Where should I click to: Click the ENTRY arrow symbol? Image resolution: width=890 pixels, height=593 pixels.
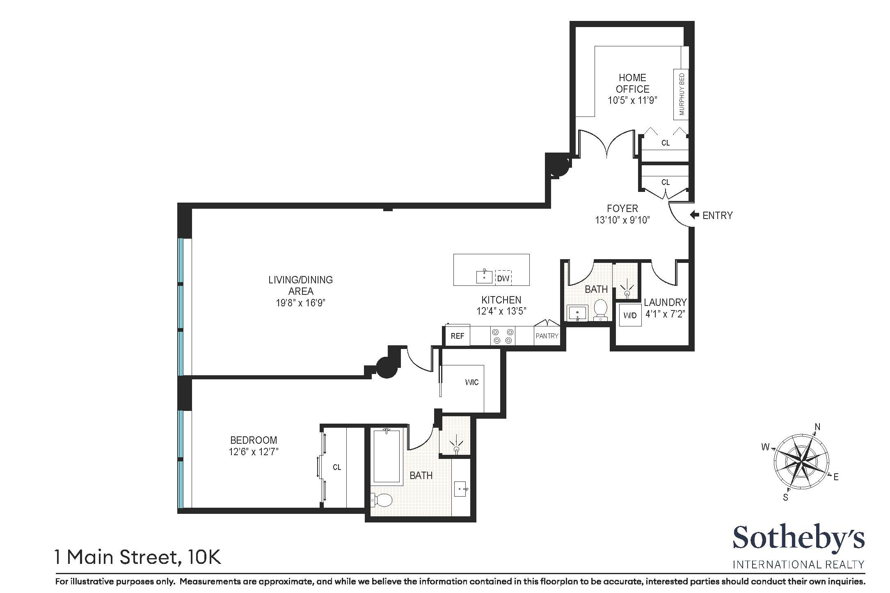pyautogui.click(x=694, y=215)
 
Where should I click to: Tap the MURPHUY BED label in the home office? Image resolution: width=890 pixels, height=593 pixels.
pyautogui.click(x=682, y=94)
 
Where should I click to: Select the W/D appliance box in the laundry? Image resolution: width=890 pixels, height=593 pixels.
pyautogui.click(x=630, y=315)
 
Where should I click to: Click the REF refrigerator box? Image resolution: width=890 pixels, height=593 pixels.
pyautogui.click(x=457, y=336)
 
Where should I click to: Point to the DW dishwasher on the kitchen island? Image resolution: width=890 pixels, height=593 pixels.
pyautogui.click(x=503, y=278)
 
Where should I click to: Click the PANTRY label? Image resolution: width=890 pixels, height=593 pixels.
pyautogui.click(x=547, y=336)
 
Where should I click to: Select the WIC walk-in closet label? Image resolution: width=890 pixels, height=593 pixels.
pyautogui.click(x=471, y=382)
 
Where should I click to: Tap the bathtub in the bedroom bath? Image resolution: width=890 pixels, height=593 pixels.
pyautogui.click(x=386, y=455)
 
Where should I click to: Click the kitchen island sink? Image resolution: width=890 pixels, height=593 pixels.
pyautogui.click(x=485, y=277)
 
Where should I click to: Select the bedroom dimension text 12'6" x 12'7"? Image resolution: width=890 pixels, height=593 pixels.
pyautogui.click(x=254, y=452)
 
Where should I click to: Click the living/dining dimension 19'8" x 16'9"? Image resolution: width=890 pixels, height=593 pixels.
pyautogui.click(x=300, y=303)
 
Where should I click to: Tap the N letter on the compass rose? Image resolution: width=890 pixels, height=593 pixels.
pyautogui.click(x=817, y=427)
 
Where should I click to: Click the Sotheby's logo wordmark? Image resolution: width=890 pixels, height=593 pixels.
pyautogui.click(x=798, y=538)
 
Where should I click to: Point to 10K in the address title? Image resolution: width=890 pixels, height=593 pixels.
pyautogui.click(x=204, y=557)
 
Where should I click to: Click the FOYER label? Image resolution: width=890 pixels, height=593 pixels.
pyautogui.click(x=622, y=209)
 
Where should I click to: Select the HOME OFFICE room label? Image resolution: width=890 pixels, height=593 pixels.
pyautogui.click(x=632, y=83)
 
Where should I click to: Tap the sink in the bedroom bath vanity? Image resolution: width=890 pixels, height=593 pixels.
pyautogui.click(x=461, y=489)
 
